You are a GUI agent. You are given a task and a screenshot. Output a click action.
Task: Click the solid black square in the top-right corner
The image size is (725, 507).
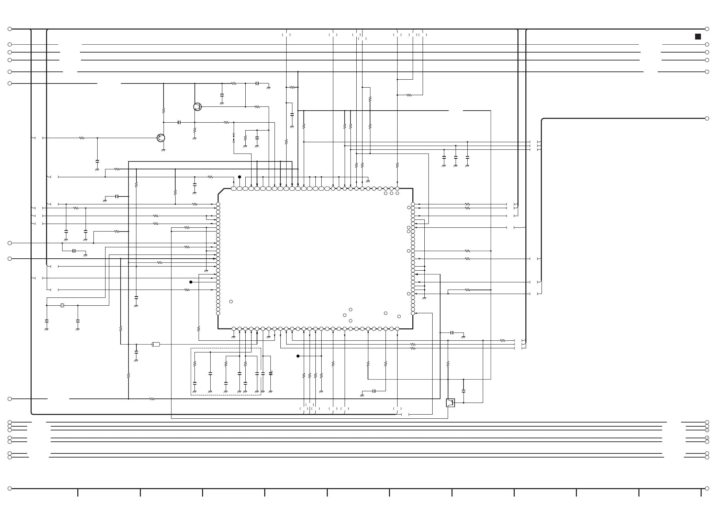(x=698, y=37)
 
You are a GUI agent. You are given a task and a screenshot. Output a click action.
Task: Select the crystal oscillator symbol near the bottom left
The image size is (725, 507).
(x=62, y=305)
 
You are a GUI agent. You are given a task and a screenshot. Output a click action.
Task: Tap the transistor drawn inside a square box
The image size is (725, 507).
(x=450, y=403)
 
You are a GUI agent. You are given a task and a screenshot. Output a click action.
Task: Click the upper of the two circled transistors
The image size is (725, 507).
(x=197, y=107)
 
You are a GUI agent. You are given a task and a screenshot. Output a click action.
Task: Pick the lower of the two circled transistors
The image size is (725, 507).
(x=160, y=138)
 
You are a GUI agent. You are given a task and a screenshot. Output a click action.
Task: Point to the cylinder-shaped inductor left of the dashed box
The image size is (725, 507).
(x=156, y=344)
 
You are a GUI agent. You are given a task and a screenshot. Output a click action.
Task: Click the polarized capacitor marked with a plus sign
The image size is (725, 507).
(x=271, y=373)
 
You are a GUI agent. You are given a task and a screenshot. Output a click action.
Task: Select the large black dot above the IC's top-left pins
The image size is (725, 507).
(x=239, y=177)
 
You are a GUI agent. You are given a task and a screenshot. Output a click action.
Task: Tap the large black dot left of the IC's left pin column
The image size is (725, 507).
(x=191, y=282)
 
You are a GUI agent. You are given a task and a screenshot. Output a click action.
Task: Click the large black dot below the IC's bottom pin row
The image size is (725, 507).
(x=298, y=356)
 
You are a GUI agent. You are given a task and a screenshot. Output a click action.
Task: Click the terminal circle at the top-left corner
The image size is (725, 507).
(x=10, y=29)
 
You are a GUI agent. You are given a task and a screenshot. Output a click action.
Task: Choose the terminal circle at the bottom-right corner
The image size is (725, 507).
(x=707, y=488)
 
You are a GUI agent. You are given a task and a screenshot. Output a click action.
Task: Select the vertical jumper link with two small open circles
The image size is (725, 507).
(x=234, y=138)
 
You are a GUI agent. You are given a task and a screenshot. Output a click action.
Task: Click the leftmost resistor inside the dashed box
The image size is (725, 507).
(x=194, y=364)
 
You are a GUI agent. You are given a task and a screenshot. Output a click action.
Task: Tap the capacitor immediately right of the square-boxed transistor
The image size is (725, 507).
(x=464, y=391)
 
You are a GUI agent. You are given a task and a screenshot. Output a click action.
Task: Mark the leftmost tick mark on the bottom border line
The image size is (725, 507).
(x=78, y=493)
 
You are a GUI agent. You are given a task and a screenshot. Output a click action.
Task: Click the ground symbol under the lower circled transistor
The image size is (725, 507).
(x=163, y=150)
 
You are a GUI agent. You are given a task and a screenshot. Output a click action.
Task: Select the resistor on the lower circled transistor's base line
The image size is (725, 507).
(x=82, y=138)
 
